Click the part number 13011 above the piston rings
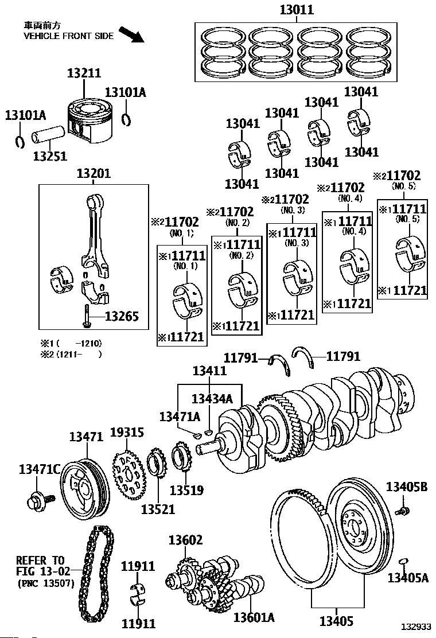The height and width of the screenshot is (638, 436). pyautogui.click(x=297, y=9)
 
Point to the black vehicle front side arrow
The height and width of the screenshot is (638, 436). pyautogui.click(x=132, y=34)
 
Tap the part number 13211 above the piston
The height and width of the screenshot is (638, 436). pyautogui.click(x=84, y=73)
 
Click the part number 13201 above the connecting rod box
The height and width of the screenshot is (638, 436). pyautogui.click(x=94, y=173)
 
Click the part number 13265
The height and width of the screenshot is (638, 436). pyautogui.click(x=122, y=316)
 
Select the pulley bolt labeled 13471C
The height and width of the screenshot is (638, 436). pyautogui.click(x=41, y=499)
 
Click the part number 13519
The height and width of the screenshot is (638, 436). pyautogui.click(x=186, y=491)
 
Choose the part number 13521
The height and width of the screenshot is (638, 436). pyautogui.click(x=158, y=509)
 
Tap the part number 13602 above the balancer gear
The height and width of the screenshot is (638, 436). pyautogui.click(x=185, y=540)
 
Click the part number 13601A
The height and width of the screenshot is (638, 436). pyautogui.click(x=254, y=617)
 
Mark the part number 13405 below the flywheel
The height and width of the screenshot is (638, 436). pyautogui.click(x=336, y=621)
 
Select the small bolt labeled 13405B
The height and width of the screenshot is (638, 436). pyautogui.click(x=403, y=511)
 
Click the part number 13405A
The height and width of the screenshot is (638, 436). pyautogui.click(x=408, y=577)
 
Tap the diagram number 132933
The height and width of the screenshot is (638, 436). pyautogui.click(x=416, y=627)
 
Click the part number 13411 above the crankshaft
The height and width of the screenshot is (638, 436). pyautogui.click(x=209, y=371)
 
